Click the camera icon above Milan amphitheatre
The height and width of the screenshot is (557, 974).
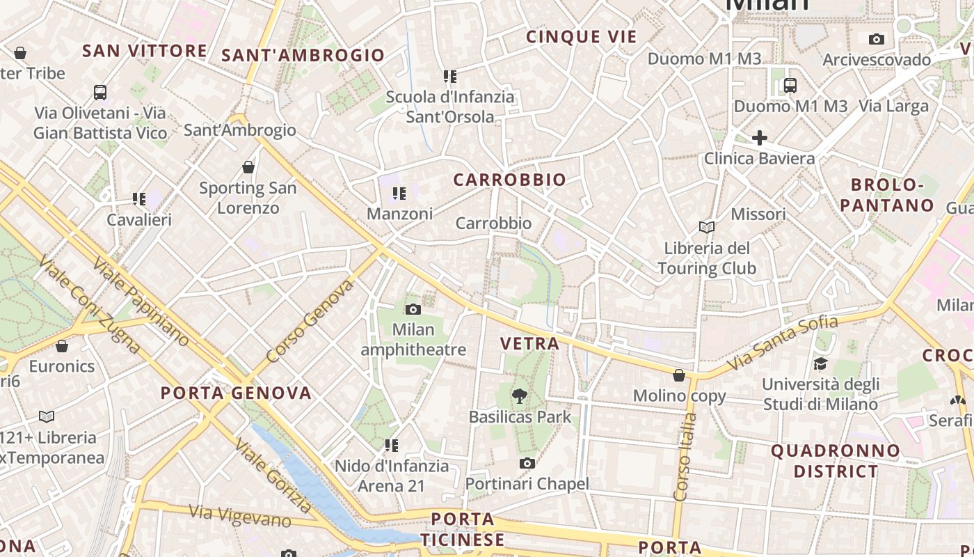tap(413, 309)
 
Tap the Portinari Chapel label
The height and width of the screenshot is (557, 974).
tap(527, 483)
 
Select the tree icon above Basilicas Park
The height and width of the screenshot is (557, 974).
tap(519, 396)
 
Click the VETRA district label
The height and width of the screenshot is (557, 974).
tap(529, 343)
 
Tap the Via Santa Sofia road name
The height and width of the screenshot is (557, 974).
tap(782, 343)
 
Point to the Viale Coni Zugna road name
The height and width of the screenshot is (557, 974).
tap(90, 304)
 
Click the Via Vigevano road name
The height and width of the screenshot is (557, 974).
tap(240, 515)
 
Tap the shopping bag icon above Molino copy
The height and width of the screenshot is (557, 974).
tap(679, 375)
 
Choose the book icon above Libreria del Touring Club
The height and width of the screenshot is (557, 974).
tap(706, 227)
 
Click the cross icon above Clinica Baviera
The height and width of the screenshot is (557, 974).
tap(759, 137)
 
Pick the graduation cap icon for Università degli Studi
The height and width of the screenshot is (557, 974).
tap(820, 363)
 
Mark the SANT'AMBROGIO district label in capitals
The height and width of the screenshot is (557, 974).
tap(303, 55)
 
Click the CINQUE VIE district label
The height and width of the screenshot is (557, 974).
tap(582, 37)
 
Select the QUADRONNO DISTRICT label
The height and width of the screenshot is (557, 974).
tap(835, 461)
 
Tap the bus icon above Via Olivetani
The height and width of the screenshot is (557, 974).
tap(100, 92)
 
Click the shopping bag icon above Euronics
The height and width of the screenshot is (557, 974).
tap(62, 346)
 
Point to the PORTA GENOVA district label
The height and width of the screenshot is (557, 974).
tap(236, 393)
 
